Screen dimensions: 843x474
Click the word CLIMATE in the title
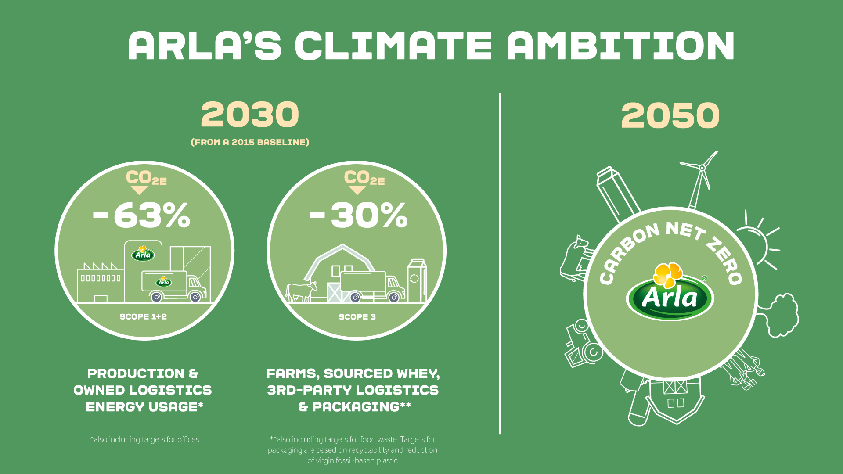click(x=393, y=46)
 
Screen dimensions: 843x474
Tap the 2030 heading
click(x=250, y=115)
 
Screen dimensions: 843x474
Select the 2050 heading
click(x=670, y=115)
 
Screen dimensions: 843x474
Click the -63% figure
click(x=142, y=215)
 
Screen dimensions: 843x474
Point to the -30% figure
click(x=359, y=215)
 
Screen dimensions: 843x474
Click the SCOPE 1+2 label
click(x=143, y=316)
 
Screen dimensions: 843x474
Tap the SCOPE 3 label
click(x=357, y=316)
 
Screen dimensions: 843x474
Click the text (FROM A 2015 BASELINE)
click(x=250, y=142)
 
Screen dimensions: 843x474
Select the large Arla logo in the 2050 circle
click(x=670, y=291)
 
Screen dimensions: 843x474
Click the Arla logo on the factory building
click(x=143, y=253)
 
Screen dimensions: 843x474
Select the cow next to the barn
click(x=301, y=291)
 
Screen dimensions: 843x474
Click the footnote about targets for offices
click(x=144, y=439)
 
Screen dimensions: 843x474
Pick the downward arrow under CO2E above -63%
click(x=139, y=190)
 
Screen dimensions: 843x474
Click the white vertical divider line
click(x=500, y=263)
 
